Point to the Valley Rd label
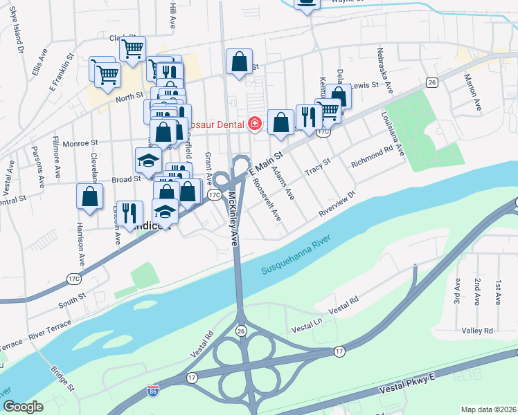click(x=478, y=331)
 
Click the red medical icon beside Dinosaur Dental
click(x=255, y=124)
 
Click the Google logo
click(x=23, y=407)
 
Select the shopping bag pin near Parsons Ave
click(x=90, y=196)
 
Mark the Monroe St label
click(x=80, y=143)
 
